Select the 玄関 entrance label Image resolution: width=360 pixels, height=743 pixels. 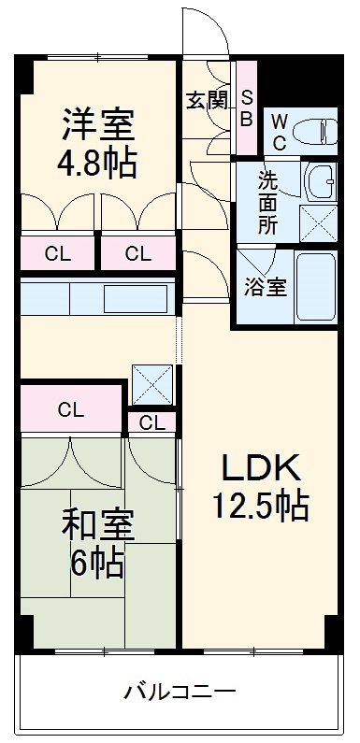(207, 99)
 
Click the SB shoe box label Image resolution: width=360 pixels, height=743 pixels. (247, 107)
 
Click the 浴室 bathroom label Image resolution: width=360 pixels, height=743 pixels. (265, 287)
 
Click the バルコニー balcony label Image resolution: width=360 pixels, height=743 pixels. (180, 693)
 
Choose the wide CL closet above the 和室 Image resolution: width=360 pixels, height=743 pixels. (71, 408)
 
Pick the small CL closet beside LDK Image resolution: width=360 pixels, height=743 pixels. (151, 423)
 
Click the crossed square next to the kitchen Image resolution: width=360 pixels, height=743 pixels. (152, 383)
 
